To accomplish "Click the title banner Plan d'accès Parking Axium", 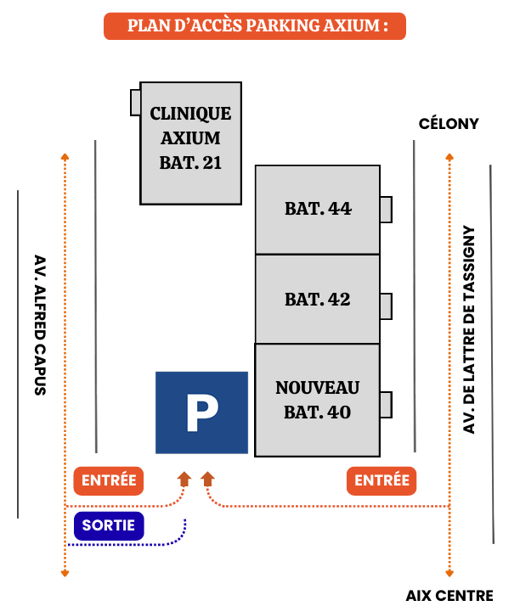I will click(255, 26).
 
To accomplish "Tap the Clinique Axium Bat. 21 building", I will click(190, 139).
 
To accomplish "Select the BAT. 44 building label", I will click(317, 209).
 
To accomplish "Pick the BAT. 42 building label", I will click(317, 300).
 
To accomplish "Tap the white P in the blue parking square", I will click(201, 412).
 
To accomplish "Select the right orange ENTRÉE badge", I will click(382, 480).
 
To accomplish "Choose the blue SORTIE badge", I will click(109, 526).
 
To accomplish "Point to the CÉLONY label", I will click(449, 124).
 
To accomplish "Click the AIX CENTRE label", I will click(449, 596).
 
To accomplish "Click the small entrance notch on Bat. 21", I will click(135, 102).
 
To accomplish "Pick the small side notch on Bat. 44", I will click(386, 209).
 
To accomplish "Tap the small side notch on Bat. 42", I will click(386, 306).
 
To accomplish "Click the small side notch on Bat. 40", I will click(386, 405).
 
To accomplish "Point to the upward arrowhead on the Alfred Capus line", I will click(65, 156).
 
